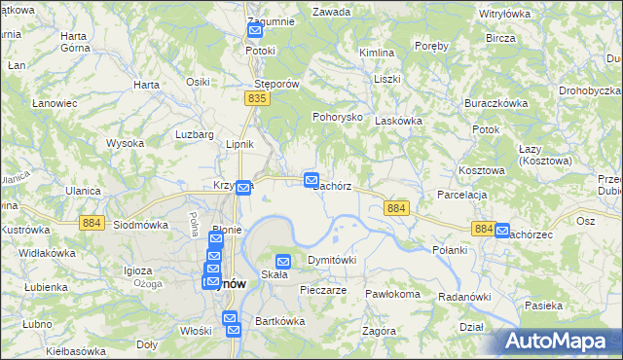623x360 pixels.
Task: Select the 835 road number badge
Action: [257, 99]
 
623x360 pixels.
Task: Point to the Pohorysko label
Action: [337, 117]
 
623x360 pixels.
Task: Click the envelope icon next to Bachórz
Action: [311, 180]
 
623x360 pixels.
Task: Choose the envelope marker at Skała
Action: [283, 261]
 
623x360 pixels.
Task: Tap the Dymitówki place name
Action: [332, 261]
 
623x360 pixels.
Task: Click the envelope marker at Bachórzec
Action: [502, 232]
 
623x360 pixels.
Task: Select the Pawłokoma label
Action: [392, 293]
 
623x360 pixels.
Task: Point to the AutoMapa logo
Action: [560, 342]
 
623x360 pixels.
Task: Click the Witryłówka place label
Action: [504, 15]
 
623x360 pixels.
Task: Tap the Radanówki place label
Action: [463, 296]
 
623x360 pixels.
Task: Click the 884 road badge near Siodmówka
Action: [92, 224]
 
